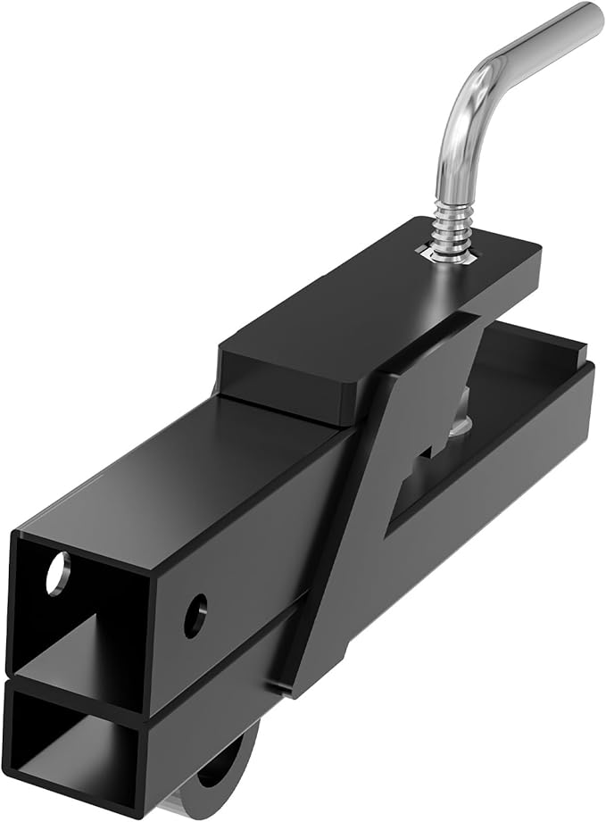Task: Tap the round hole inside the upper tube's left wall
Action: (55, 573)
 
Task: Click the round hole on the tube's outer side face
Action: (195, 615)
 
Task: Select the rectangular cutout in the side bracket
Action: (419, 473)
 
